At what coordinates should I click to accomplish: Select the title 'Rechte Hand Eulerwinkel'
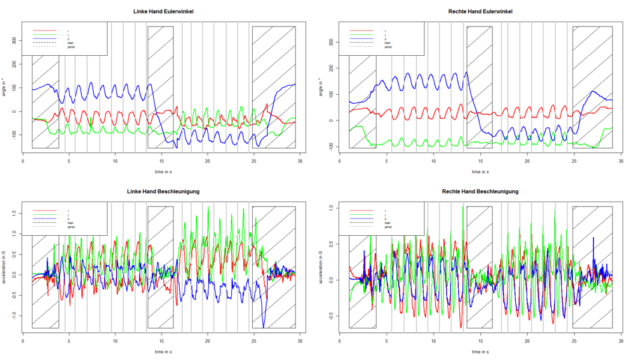pos(481,11)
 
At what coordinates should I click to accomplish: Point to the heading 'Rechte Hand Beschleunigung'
pos(481,191)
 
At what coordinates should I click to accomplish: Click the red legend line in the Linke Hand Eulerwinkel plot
pos(44,30)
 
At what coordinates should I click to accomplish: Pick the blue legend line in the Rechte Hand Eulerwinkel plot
pos(361,38)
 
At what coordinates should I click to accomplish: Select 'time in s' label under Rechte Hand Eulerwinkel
pos(481,172)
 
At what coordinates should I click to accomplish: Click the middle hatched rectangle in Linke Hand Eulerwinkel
pos(160,87)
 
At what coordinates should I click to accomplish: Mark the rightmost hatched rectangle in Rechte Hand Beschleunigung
pos(593,267)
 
